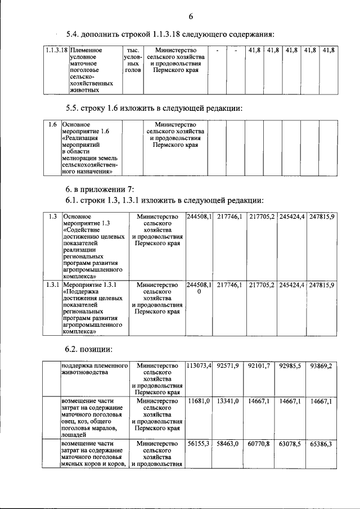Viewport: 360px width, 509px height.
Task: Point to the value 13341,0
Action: [228, 400]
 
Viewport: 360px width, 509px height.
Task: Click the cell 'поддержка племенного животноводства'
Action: [94, 369]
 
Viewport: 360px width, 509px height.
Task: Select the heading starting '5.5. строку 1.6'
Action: [154, 107]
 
